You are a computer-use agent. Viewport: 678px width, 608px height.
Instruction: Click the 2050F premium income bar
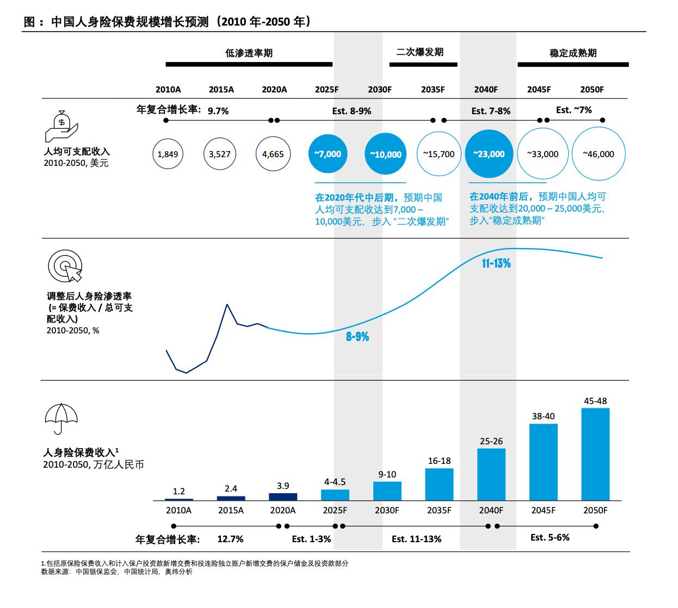click(595, 454)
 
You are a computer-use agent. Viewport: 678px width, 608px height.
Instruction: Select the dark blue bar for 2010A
click(179, 499)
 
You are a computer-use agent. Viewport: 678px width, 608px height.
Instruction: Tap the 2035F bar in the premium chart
click(439, 484)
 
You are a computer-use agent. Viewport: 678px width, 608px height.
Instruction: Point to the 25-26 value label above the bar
click(491, 441)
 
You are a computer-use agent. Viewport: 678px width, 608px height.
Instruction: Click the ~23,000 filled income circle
click(489, 154)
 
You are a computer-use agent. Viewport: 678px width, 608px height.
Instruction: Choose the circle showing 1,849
click(168, 154)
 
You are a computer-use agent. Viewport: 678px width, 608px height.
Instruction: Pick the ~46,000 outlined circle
click(599, 154)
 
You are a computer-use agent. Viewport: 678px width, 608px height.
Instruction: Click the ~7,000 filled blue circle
click(328, 154)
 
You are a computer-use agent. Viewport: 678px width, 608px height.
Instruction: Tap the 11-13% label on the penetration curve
click(496, 264)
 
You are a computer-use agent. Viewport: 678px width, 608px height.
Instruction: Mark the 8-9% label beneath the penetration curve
click(358, 337)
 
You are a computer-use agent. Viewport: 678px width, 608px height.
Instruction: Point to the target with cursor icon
click(65, 266)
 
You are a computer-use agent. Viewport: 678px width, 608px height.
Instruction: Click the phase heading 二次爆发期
click(420, 52)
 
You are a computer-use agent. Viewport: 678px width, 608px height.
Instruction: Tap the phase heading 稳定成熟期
click(573, 53)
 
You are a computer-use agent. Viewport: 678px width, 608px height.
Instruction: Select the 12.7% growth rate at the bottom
click(230, 539)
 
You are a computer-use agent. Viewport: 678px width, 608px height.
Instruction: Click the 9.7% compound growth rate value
click(218, 110)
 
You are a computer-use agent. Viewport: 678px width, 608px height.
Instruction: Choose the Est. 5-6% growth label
click(550, 537)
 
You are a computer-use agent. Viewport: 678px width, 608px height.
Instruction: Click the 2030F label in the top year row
click(379, 90)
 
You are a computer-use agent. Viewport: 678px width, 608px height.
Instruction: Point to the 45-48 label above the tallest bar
click(595, 401)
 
